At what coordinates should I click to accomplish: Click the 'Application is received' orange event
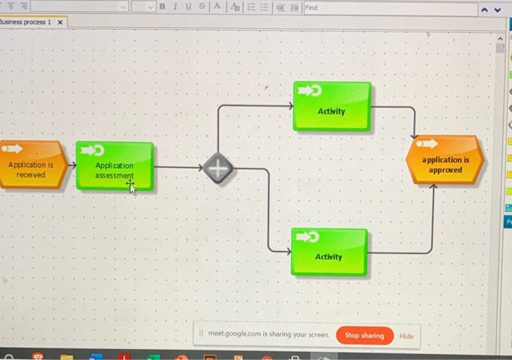34,165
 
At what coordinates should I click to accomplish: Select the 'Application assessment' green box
115,165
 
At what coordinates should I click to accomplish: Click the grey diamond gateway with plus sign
218,168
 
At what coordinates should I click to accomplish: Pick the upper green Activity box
332,107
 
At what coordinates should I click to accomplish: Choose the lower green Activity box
329,252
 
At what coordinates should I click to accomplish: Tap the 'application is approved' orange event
445,160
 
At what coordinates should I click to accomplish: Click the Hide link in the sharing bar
407,336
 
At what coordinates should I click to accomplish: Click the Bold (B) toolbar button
162,7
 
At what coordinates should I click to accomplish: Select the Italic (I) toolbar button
176,7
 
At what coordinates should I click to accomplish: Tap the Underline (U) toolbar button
189,7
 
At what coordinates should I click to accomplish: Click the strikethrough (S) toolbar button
202,7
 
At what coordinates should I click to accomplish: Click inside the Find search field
391,8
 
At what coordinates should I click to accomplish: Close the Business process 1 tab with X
60,22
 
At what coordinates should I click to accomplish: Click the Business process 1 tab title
26,22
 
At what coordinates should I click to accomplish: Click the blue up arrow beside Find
484,10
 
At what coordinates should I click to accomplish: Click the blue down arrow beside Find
497,10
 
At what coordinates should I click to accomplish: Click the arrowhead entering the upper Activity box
291,105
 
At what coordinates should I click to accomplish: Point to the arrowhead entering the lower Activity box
289,251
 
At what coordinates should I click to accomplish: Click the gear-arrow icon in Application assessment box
93,150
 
